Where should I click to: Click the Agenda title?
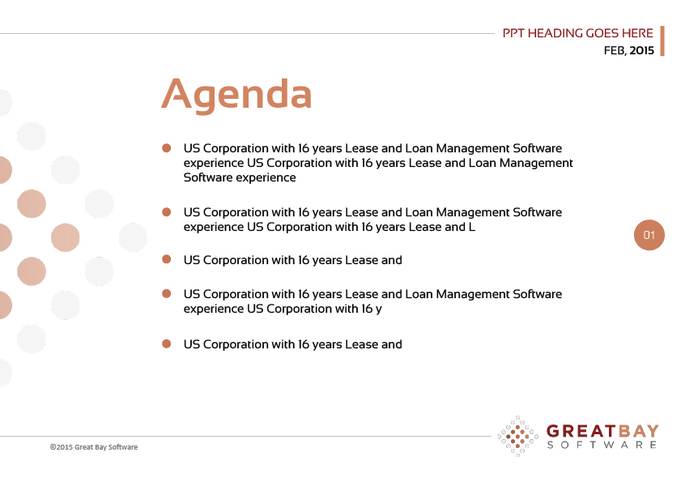[236, 95]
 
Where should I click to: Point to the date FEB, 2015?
[628, 50]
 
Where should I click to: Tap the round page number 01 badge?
[649, 235]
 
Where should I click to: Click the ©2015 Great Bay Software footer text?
[94, 447]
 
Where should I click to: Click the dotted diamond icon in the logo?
[517, 436]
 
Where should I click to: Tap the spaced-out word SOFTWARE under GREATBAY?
[602, 445]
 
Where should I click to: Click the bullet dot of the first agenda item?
[166, 148]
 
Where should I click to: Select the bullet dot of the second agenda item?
[166, 212]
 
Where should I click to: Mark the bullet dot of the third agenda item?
[166, 259]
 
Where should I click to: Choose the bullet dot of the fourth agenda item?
[166, 294]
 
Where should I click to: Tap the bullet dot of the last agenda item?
[166, 343]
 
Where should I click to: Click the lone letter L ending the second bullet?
[471, 227]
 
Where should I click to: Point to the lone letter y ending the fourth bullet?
[379, 309]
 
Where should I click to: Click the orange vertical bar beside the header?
[662, 41]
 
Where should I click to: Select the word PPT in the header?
[513, 33]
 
